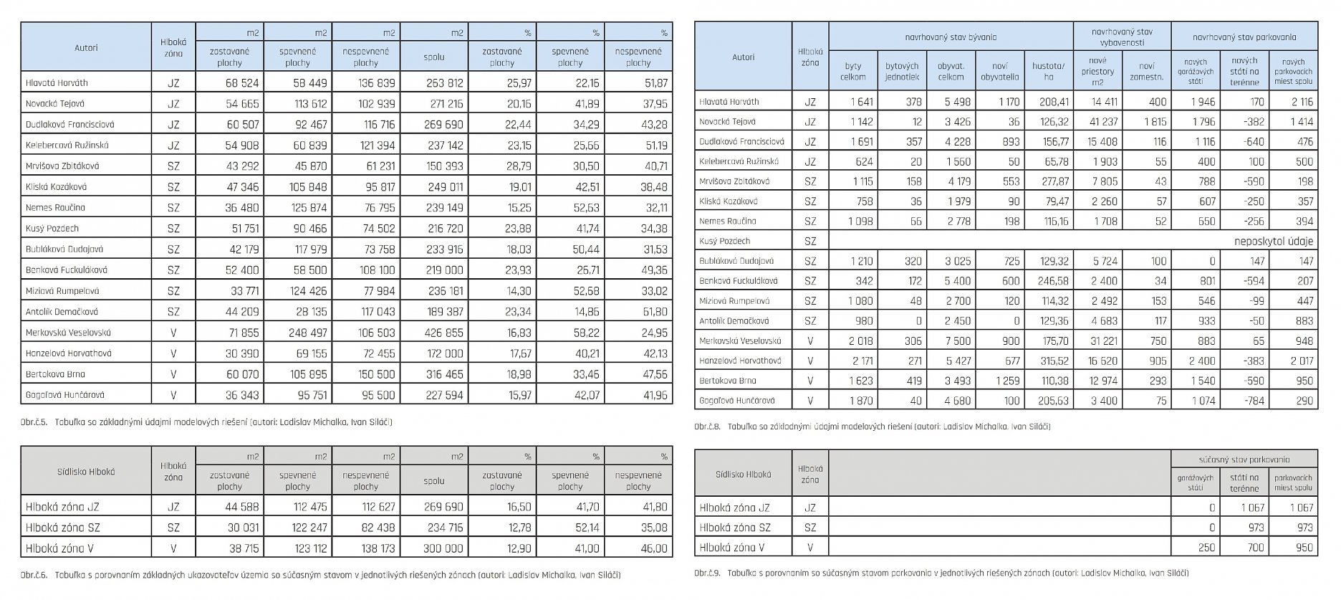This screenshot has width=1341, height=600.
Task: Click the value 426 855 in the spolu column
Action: tap(444, 333)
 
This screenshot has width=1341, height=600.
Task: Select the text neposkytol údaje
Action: tap(1274, 242)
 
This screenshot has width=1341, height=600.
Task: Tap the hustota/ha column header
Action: tap(1048, 71)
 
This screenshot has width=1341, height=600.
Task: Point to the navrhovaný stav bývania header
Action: tap(950, 37)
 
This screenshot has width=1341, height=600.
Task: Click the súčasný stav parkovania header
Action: tap(1244, 459)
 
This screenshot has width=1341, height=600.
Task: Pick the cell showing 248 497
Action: tap(308, 333)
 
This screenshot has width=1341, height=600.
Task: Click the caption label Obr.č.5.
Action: tap(34, 422)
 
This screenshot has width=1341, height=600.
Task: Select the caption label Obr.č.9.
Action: tap(707, 573)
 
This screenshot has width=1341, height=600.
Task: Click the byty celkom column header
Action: tap(852, 71)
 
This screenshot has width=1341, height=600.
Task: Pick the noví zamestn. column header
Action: tap(1146, 71)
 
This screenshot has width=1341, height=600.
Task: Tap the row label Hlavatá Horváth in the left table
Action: tap(57, 83)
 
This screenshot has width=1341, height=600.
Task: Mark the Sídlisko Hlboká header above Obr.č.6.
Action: tap(86, 472)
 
